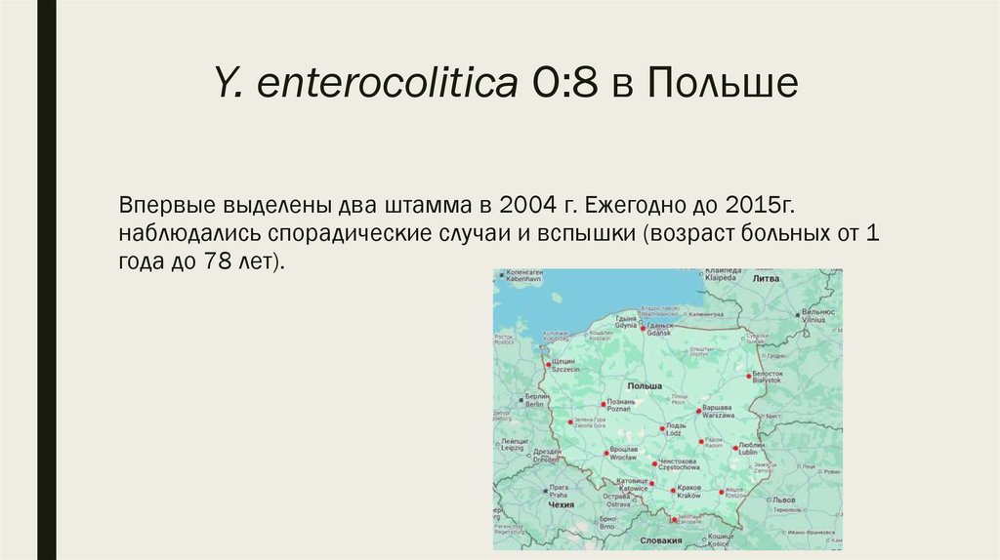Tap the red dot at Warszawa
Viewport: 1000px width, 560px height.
pyautogui.click(x=700, y=411)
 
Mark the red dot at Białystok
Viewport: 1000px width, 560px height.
pyautogui.click(x=750, y=375)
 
